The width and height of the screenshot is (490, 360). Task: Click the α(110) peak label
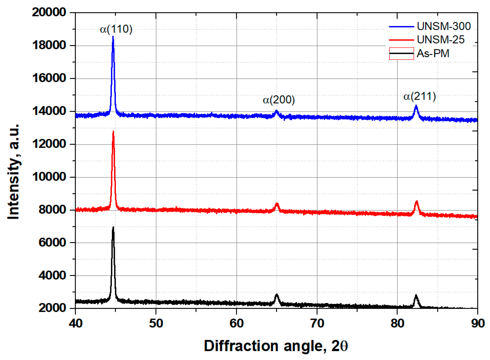[x=116, y=29]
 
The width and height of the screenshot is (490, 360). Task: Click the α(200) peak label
[x=279, y=100]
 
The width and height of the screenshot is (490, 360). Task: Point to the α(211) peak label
[x=419, y=96]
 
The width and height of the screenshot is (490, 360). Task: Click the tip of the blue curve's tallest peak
[x=113, y=37]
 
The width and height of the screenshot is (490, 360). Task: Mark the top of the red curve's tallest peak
[x=113, y=131]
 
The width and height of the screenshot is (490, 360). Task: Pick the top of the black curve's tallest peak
[x=113, y=227]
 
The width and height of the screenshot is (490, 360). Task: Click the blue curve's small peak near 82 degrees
[x=416, y=106]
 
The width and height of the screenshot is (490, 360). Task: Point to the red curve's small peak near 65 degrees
[x=277, y=204]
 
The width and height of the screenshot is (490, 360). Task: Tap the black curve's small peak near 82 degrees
[x=416, y=295]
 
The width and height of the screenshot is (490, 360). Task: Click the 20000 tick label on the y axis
[x=49, y=12]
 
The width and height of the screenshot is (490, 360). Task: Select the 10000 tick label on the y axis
[x=49, y=177]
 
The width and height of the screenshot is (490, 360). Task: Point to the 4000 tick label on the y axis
[x=52, y=275]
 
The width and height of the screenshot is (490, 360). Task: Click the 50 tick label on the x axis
[x=156, y=323]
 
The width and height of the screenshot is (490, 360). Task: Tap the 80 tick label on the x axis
[x=397, y=323]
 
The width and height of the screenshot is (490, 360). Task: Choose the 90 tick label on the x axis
[x=478, y=323]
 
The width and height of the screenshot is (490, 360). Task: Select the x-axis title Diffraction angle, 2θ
[x=276, y=346]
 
